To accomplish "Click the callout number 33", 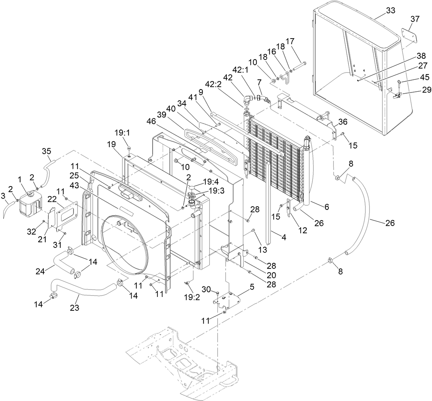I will point(390,11).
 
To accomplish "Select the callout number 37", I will point(415,19).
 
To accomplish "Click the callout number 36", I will point(343,122).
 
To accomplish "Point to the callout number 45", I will point(425,78).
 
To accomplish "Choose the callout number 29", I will point(426,90).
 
